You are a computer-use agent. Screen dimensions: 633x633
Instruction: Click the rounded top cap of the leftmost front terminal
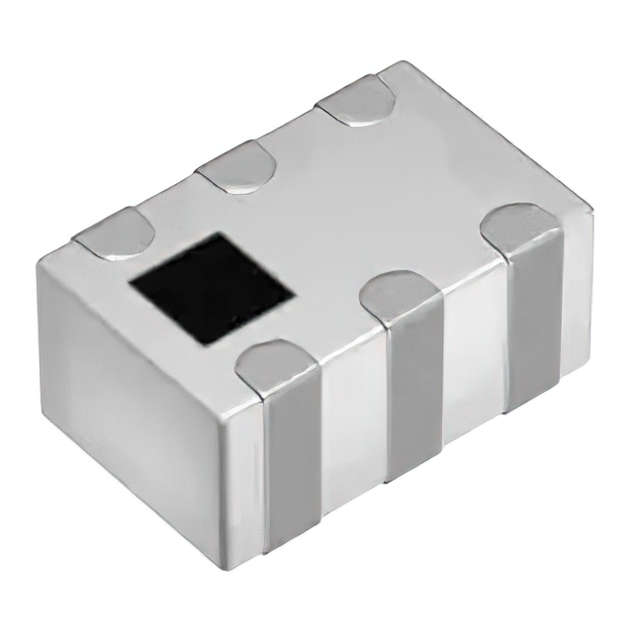tap(278, 364)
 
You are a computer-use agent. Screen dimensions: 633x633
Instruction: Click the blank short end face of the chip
tap(129, 396)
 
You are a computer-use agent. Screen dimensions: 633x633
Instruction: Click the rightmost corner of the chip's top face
tap(591, 210)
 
